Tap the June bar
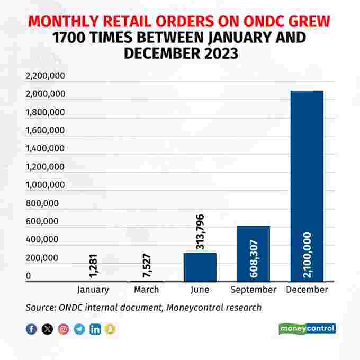tap(200, 267)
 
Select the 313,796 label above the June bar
tap(200, 231)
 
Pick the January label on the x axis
tap(93, 290)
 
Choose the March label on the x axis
tap(146, 290)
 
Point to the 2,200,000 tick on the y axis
tap(45, 76)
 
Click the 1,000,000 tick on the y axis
tap(45, 185)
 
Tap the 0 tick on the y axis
tap(28, 276)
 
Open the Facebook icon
tap(32, 329)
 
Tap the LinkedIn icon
tap(95, 329)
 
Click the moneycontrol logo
tap(307, 328)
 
